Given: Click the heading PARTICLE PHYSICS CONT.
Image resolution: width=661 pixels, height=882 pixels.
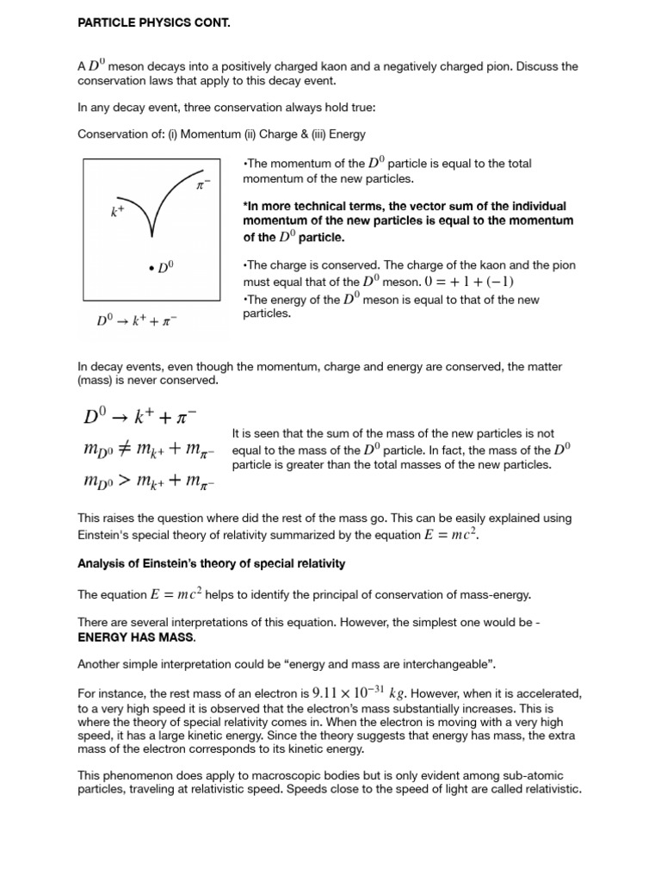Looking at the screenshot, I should [154, 23].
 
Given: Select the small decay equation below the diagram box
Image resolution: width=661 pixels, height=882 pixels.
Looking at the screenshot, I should [138, 320].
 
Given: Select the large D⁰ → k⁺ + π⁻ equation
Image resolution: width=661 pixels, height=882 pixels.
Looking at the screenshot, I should [140, 417].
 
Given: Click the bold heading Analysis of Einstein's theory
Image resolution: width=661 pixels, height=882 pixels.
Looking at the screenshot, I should [211, 563].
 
